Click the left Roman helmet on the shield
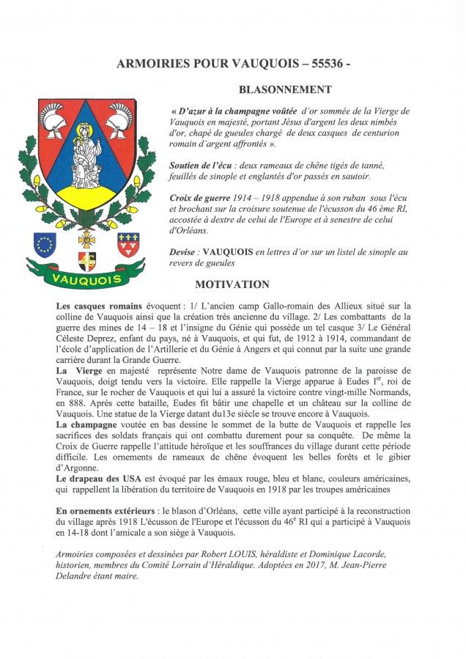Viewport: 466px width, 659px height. (x=55, y=119)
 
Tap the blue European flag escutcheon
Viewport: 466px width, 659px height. (x=45, y=243)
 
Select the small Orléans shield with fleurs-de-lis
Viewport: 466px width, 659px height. (x=129, y=243)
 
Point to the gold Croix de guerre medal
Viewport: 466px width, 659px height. (x=86, y=240)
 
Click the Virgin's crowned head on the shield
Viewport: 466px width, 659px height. (x=86, y=130)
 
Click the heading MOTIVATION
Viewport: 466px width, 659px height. (x=232, y=284)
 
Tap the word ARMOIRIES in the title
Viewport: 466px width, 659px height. (x=151, y=65)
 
